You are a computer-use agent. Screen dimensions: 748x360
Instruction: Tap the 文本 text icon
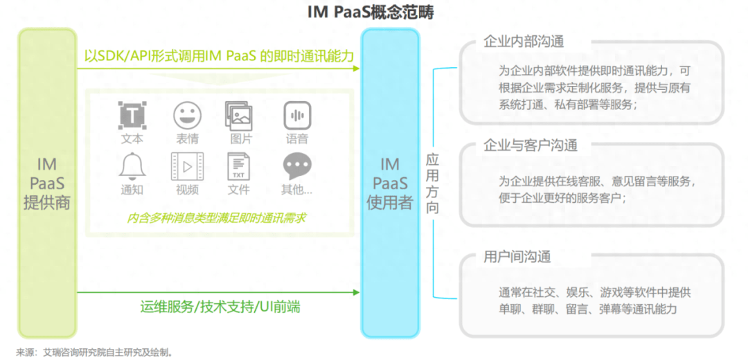(132, 115)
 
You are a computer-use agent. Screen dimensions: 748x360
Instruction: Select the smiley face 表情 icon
(187, 115)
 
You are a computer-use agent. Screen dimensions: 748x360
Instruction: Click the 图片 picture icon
(238, 116)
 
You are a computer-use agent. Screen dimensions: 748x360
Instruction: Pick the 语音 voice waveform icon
(297, 115)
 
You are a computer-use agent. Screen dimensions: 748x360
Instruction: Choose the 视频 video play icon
(187, 166)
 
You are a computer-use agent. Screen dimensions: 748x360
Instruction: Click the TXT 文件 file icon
(238, 166)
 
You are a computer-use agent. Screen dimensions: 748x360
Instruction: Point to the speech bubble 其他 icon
(297, 166)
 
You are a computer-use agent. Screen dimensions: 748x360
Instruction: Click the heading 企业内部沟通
(524, 42)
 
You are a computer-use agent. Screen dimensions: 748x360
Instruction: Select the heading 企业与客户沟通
(531, 145)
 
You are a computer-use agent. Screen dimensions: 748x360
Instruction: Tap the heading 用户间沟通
(517, 257)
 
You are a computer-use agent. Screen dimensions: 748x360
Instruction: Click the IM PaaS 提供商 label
(47, 183)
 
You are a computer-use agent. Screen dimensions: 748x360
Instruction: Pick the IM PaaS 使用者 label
(390, 183)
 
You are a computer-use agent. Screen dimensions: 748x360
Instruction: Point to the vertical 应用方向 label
(432, 183)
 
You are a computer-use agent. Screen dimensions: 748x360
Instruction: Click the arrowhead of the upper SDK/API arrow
(356, 69)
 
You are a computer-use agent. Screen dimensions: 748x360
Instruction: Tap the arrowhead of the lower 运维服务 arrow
(356, 292)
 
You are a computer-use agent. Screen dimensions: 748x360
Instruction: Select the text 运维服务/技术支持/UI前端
(220, 307)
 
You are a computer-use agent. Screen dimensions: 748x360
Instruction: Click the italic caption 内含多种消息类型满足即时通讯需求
(216, 218)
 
